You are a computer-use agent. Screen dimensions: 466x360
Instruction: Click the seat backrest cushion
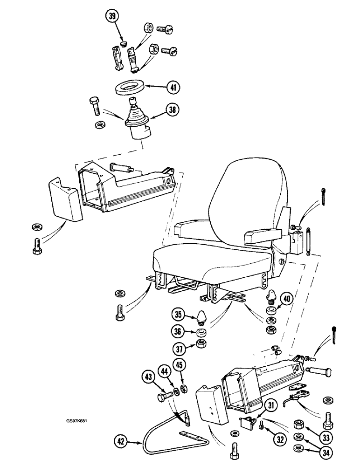pyautogui.click(x=247, y=196)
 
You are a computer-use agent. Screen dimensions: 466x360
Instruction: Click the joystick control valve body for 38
pyautogui.click(x=139, y=127)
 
